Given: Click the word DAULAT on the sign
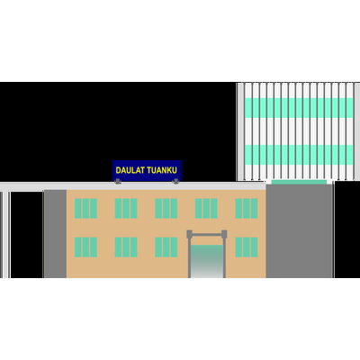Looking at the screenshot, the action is click(x=130, y=170).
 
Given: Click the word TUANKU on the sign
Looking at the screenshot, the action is click(x=163, y=170).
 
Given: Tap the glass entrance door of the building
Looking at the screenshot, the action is click(x=207, y=261).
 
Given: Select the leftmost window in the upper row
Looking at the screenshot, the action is click(x=85, y=208).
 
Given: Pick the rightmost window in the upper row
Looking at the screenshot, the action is click(x=247, y=208).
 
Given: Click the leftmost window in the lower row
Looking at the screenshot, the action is click(x=85, y=247).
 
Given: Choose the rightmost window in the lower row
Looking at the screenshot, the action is click(x=247, y=247).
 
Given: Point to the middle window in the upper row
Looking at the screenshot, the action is click(x=166, y=208).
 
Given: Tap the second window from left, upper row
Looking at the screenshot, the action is click(x=126, y=208).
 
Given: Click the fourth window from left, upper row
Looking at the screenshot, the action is click(x=206, y=208).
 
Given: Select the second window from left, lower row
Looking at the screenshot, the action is click(x=126, y=247).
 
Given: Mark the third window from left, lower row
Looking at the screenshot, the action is click(x=166, y=247).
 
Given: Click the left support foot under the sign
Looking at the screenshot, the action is click(x=118, y=181).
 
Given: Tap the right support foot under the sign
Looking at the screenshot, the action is click(x=175, y=181).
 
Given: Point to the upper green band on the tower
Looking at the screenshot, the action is click(x=299, y=108).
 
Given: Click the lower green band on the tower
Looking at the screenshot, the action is click(x=299, y=155).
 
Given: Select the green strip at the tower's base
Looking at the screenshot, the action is click(x=299, y=182).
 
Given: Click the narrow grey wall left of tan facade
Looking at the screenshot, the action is click(x=55, y=234).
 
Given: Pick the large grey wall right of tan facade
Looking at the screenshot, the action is click(x=299, y=231).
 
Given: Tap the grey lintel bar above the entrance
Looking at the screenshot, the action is click(x=207, y=235).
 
